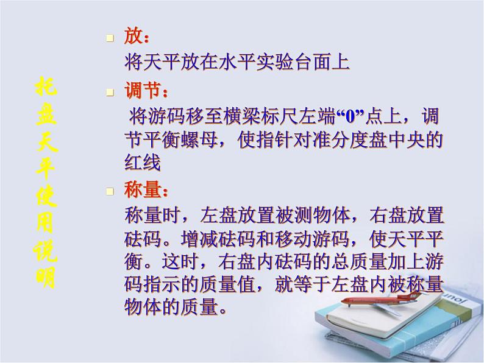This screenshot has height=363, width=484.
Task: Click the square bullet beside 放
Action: pos(110,38)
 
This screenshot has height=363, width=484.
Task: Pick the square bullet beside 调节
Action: pos(110,93)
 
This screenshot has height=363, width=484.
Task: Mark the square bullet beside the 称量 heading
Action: pos(110,192)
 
